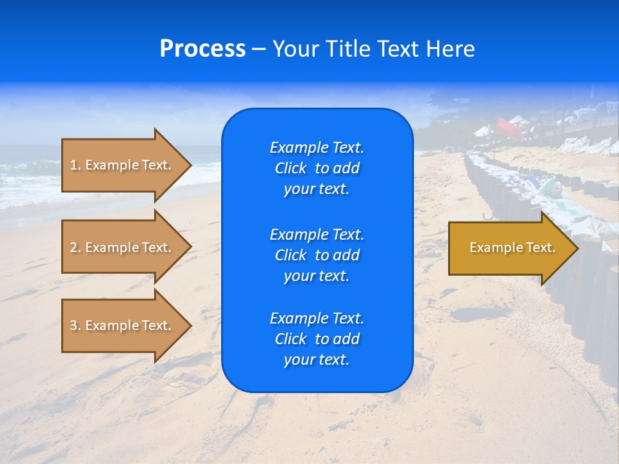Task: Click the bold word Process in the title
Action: [202, 49]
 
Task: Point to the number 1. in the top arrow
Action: [75, 165]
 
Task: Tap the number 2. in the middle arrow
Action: [75, 247]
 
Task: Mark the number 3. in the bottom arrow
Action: [75, 325]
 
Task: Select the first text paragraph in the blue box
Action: [317, 168]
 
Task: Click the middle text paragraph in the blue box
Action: [317, 255]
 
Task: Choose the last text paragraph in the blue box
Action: [317, 339]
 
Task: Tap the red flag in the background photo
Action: [509, 128]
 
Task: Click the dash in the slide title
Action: [259, 50]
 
